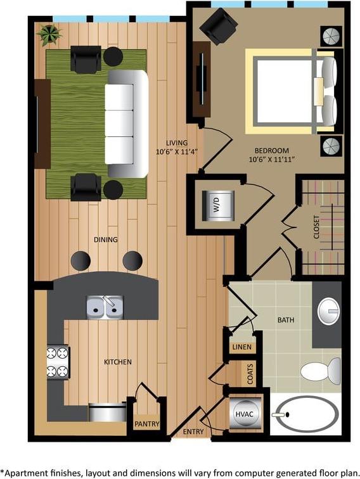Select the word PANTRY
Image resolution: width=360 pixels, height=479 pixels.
pos(146,425)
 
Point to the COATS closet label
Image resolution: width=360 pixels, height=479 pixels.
pos(250,373)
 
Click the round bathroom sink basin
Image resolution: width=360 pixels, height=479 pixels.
pos(329,310)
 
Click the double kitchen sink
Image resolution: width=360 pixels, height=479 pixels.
pos(105,308)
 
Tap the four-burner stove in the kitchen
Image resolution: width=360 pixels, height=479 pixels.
pos(58,362)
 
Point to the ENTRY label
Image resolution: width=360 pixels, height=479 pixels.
pos(193,431)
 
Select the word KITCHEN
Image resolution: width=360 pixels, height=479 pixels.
pos(117,362)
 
